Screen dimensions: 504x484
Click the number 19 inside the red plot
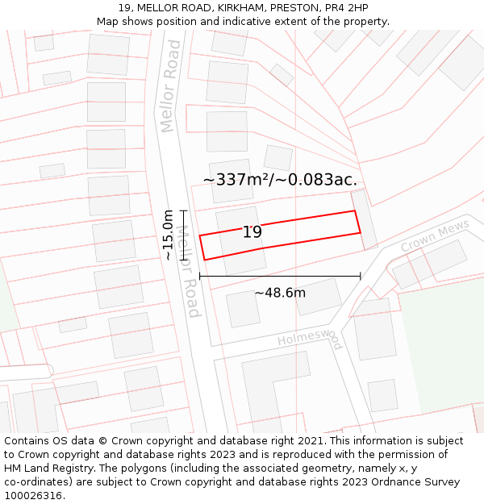click(252, 232)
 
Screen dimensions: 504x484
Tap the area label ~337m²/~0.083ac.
click(280, 179)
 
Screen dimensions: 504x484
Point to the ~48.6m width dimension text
click(280, 293)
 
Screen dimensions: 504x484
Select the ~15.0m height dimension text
click(167, 235)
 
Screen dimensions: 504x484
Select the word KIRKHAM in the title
click(242, 8)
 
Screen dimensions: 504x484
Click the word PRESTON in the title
click(294, 8)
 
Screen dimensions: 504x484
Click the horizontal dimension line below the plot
click(280, 277)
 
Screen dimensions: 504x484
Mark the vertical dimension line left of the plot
click(183, 235)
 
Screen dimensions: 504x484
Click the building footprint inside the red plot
click(240, 241)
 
